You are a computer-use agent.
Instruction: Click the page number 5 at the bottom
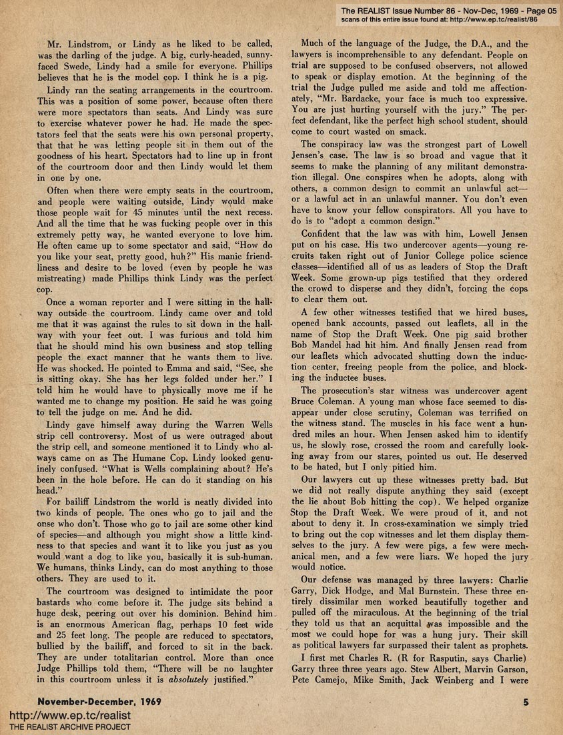point(526,703)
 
